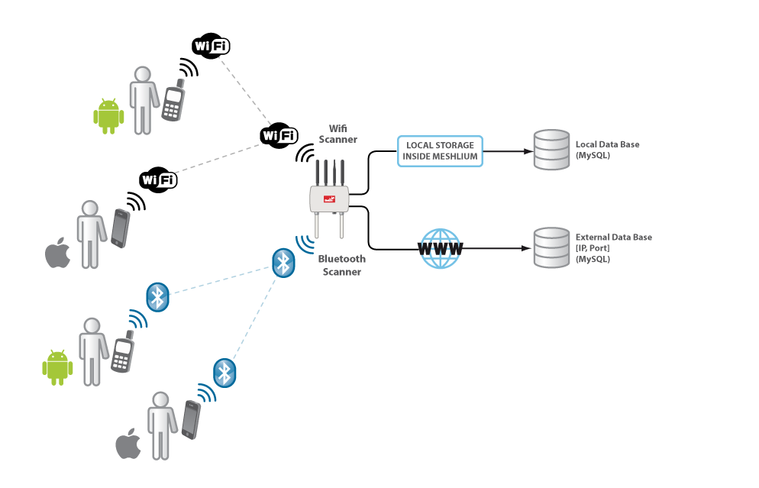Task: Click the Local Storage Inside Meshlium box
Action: [441, 150]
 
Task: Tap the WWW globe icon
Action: [441, 249]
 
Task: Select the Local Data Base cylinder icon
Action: [551, 150]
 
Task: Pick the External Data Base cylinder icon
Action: [551, 248]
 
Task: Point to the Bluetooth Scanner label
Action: [343, 265]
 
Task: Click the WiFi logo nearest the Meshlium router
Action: [278, 136]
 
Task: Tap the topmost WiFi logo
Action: [210, 47]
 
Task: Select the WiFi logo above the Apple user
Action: [158, 180]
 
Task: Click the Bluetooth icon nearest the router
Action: [283, 263]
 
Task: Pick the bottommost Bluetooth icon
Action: [224, 373]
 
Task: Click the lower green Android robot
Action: [57, 367]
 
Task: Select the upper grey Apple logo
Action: [57, 253]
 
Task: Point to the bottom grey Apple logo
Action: [128, 444]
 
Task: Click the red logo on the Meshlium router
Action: [330, 200]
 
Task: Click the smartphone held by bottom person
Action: [191, 420]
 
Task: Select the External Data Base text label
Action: [613, 248]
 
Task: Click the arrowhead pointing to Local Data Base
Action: [528, 150]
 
